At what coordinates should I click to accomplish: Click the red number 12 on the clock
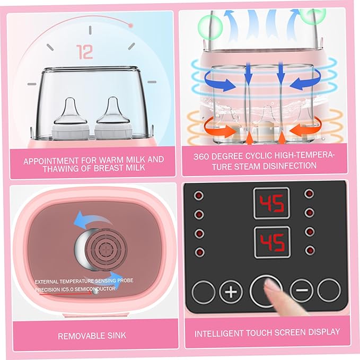click(85, 51)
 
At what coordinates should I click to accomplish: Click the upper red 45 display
click(271, 203)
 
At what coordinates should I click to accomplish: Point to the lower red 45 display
click(271, 242)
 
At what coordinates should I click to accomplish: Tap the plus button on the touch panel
click(231, 291)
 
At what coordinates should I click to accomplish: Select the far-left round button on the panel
click(203, 292)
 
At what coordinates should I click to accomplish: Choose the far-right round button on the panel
click(329, 290)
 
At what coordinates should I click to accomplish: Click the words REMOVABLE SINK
click(92, 336)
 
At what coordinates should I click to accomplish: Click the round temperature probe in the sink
click(95, 247)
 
